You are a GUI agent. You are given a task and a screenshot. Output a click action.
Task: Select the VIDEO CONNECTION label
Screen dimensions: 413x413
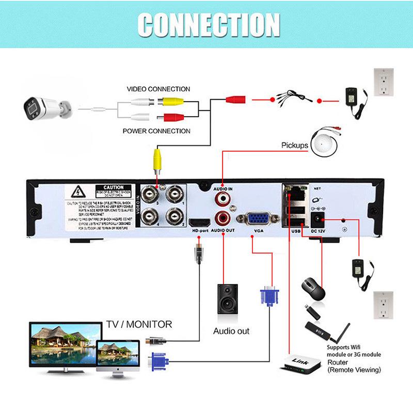158,89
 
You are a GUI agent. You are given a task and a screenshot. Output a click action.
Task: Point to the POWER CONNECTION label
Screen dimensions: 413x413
156,131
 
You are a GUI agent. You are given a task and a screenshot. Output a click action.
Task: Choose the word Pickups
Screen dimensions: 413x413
294,146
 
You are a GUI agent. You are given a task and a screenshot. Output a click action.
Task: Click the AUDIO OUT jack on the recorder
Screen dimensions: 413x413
223,217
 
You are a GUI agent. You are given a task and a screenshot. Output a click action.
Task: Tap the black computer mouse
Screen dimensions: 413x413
313,289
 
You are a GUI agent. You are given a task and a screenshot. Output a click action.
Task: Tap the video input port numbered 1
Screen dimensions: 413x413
173,195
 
